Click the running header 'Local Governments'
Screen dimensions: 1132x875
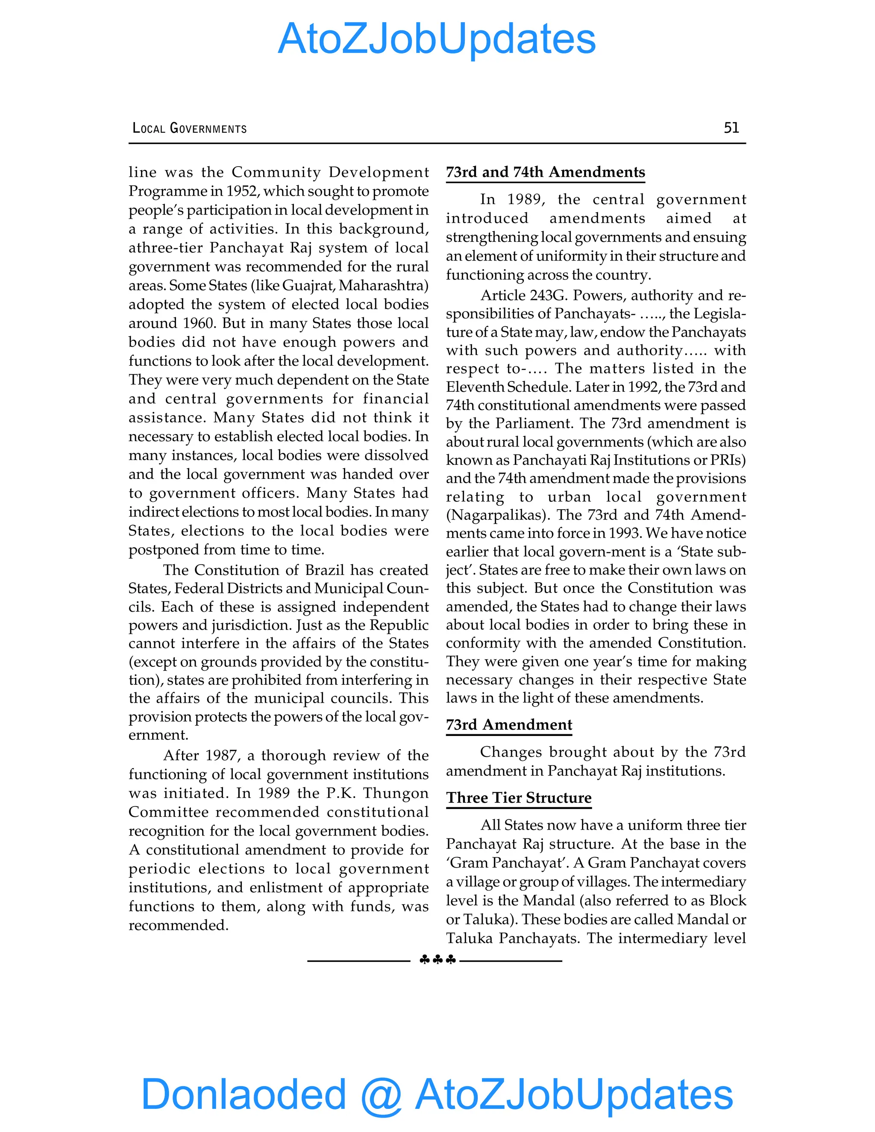click(x=190, y=128)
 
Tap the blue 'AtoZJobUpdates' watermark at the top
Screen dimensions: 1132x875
click(x=437, y=39)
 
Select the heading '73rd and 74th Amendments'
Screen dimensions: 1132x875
click(x=545, y=172)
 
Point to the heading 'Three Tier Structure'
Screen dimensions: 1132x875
click(x=519, y=798)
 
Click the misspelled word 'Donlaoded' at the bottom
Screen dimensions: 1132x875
click(x=244, y=1093)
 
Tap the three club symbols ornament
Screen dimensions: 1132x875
click(x=437, y=960)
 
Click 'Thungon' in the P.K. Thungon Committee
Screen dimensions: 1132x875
click(x=396, y=793)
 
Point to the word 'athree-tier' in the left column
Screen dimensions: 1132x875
click(x=165, y=248)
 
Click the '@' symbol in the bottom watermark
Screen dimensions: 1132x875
click(x=381, y=1095)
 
